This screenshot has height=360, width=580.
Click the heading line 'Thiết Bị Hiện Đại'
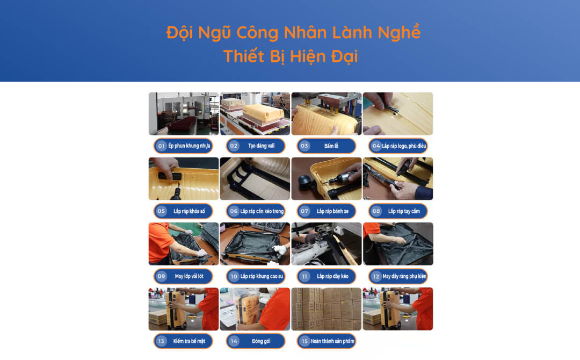[291, 56]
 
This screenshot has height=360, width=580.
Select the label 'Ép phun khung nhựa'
[189, 146]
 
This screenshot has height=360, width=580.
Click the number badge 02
[234, 146]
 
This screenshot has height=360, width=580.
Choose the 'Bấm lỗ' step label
[331, 146]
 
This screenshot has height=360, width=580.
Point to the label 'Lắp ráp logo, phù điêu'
[404, 146]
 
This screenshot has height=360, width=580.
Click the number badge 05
[161, 211]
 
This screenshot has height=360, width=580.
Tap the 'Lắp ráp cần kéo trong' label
[262, 211]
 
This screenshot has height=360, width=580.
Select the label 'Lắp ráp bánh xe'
[332, 211]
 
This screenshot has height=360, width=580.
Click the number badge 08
[376, 211]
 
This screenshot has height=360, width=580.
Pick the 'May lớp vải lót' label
[189, 276]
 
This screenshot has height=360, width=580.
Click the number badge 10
[234, 276]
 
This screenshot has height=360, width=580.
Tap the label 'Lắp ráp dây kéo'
[332, 276]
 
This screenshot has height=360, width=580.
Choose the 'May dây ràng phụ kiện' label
[404, 276]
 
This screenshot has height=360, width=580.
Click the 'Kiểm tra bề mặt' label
[189, 341]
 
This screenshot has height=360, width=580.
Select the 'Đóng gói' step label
[261, 341]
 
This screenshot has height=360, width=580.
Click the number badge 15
[305, 341]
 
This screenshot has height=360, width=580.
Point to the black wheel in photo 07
[305, 182]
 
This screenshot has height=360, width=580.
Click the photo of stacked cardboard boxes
[327, 309]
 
